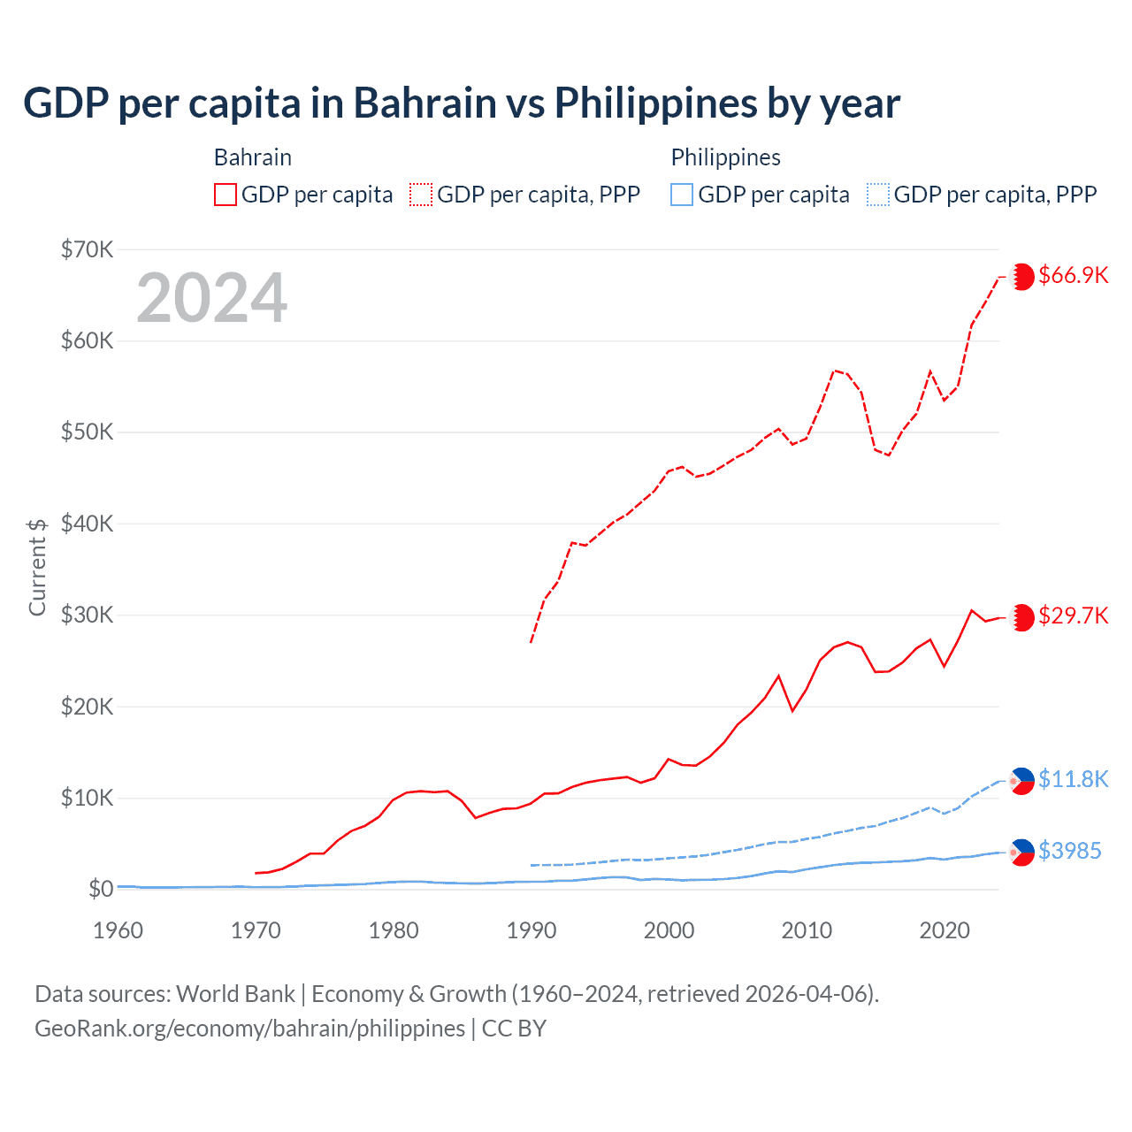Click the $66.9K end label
tap(1073, 275)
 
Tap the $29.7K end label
tap(1073, 616)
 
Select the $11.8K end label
tap(1073, 779)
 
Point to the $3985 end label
tap(1069, 851)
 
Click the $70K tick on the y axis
tap(88, 249)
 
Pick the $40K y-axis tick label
tap(88, 524)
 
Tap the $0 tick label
tap(101, 889)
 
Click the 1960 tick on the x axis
tap(118, 930)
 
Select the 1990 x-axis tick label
tap(532, 930)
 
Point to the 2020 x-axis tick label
tap(945, 930)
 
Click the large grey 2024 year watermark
tap(211, 298)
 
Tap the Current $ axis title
tap(37, 567)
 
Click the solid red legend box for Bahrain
tap(226, 195)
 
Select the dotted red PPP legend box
tap(421, 195)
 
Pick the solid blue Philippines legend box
tap(682, 195)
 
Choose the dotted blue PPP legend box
tap(878, 195)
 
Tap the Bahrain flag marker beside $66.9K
tap(1022, 276)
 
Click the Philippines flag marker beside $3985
tap(1022, 852)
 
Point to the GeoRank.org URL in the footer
tap(249, 1029)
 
